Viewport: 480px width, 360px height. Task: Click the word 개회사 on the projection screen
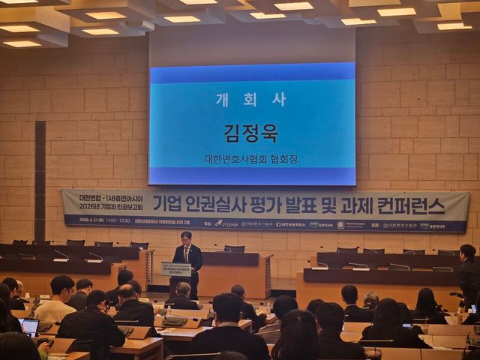(x=251, y=99)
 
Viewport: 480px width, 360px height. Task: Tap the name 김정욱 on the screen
(x=251, y=133)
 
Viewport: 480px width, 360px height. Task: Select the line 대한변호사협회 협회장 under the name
(x=251, y=160)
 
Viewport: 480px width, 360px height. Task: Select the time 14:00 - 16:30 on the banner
(x=118, y=220)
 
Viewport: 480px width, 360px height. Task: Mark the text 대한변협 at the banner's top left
(x=91, y=197)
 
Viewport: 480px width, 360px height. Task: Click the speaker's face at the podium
(x=186, y=238)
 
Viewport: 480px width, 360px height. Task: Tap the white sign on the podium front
(x=176, y=269)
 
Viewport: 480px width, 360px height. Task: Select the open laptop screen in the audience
(x=30, y=326)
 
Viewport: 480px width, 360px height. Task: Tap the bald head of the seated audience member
(x=127, y=292)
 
